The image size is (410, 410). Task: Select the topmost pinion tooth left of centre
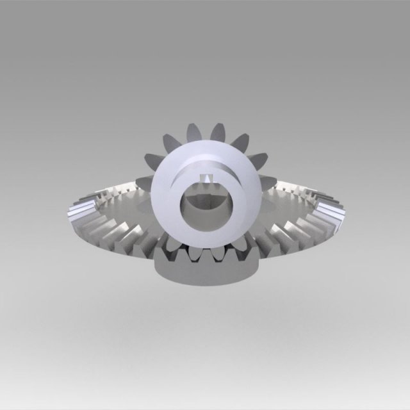(193, 133)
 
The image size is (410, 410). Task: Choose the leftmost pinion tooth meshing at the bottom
(172, 247)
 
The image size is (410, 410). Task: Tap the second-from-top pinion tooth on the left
(171, 142)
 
